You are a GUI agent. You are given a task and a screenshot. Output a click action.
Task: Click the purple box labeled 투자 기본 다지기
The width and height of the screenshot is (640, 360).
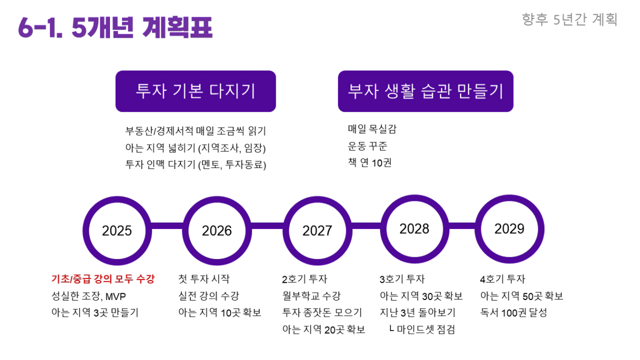pyautogui.click(x=196, y=91)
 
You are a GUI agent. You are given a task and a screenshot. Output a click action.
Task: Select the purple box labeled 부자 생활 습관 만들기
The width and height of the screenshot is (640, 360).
pyautogui.click(x=426, y=91)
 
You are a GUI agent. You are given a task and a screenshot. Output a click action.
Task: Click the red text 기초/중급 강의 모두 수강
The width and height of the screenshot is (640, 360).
pyautogui.click(x=103, y=279)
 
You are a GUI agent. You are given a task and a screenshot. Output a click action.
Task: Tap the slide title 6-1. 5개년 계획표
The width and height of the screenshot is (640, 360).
pyautogui.click(x=115, y=27)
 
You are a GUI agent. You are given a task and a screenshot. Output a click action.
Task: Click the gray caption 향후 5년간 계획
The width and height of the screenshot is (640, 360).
pyautogui.click(x=569, y=19)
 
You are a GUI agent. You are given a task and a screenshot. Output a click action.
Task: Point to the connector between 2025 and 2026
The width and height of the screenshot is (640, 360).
pyautogui.click(x=167, y=226)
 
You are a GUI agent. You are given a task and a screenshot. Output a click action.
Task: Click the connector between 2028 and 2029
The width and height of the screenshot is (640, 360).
pyautogui.click(x=462, y=226)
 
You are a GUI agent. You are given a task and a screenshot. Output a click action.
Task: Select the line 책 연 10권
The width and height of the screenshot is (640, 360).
pyautogui.click(x=369, y=163)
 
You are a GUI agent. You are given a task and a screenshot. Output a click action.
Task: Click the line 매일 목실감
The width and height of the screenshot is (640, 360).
pyautogui.click(x=372, y=129)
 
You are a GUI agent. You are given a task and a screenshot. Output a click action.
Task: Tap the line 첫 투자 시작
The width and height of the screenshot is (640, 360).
pyautogui.click(x=204, y=279)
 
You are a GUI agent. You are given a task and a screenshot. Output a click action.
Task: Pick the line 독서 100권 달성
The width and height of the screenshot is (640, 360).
pyautogui.click(x=514, y=313)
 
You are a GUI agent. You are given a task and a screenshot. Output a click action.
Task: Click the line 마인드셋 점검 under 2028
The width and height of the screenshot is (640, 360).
pyautogui.click(x=426, y=329)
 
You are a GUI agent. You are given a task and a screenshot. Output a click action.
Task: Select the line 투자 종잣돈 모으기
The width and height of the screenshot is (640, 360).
pyautogui.click(x=322, y=313)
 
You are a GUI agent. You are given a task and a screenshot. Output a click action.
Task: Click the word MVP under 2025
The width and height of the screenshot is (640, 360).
pyautogui.click(x=115, y=296)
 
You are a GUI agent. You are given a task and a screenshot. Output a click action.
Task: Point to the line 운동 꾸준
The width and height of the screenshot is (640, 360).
pyautogui.click(x=367, y=146)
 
